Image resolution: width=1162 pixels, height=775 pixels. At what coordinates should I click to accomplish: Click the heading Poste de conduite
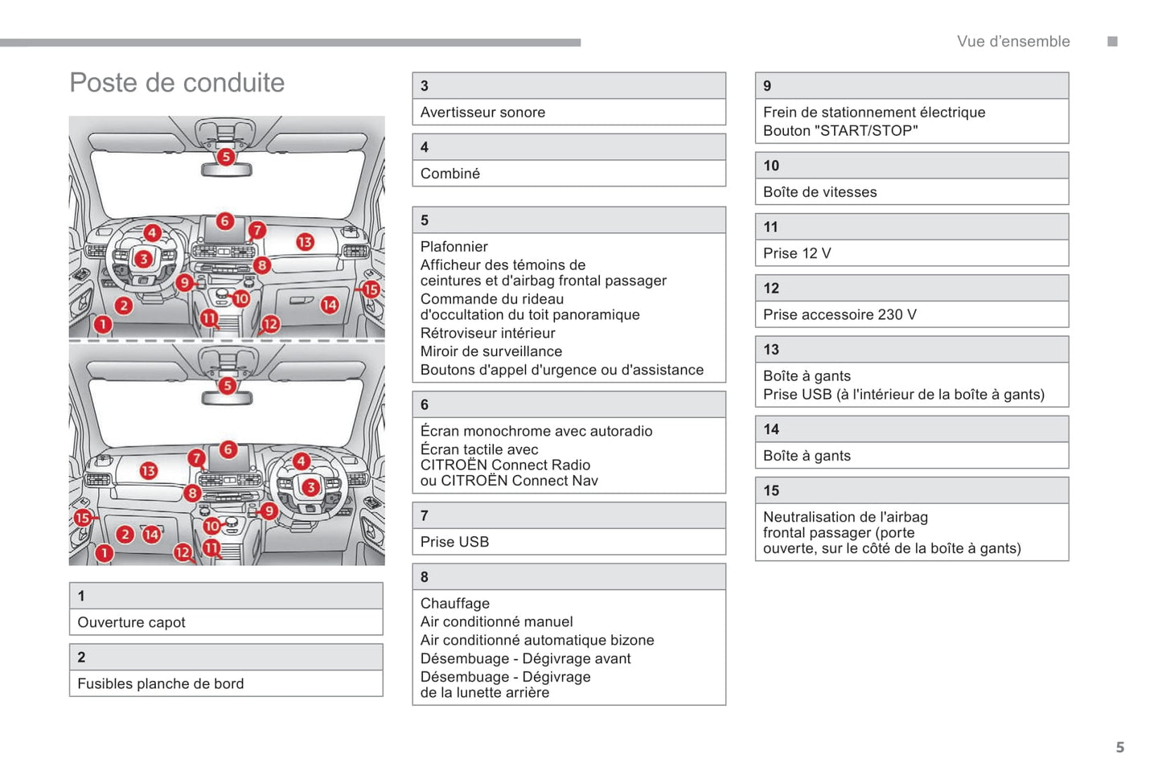coord(177,83)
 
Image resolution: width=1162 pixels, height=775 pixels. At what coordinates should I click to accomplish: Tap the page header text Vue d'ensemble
coord(1012,42)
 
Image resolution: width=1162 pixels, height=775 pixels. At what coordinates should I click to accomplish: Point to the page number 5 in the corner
coord(1119,748)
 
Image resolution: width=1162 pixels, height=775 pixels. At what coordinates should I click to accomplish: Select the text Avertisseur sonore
coord(482,113)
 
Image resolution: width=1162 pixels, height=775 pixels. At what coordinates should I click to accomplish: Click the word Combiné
coord(450,174)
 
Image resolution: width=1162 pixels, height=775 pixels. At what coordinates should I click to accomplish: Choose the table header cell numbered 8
coord(569,577)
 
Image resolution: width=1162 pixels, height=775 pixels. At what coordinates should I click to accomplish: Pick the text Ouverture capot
coord(131,622)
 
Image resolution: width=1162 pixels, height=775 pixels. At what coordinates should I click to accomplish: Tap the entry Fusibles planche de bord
coord(160,684)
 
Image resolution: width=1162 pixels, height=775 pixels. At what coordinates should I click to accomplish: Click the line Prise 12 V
coord(796,253)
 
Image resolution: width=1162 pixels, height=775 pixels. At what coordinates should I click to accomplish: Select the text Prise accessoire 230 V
coord(839,315)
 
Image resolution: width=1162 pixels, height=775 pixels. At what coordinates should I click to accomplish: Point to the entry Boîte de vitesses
coord(819,192)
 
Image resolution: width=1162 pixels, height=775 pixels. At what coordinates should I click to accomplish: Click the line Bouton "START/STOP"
coord(840,131)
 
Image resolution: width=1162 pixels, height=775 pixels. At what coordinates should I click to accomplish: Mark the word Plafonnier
coord(454,247)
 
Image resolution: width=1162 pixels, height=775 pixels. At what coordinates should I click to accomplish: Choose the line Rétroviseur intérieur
coord(487,334)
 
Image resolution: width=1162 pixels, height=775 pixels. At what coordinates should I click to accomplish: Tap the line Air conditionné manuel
coord(496,622)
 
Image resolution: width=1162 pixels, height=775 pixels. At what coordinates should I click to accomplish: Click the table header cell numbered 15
coord(911,490)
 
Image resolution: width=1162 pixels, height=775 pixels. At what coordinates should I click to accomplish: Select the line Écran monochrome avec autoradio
coord(536,432)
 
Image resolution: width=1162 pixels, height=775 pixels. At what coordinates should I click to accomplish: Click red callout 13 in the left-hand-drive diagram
coord(305,242)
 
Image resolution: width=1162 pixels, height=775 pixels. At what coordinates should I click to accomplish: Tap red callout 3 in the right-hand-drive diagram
coord(310,487)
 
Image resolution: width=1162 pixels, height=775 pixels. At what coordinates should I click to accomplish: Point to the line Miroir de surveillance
coord(491,352)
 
